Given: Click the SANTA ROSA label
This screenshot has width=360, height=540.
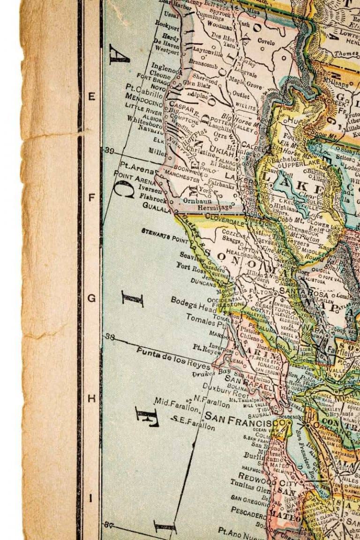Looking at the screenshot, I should pos(296,290).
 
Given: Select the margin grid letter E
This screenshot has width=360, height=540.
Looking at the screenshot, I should pos(92,97).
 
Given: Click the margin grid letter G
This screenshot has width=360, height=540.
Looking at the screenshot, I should pos(92,298).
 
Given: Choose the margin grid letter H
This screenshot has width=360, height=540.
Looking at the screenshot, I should pos(92,399).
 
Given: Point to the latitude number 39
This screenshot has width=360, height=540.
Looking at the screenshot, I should pos(110,150).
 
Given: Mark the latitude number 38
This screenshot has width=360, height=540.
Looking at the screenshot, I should pos(110,336).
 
